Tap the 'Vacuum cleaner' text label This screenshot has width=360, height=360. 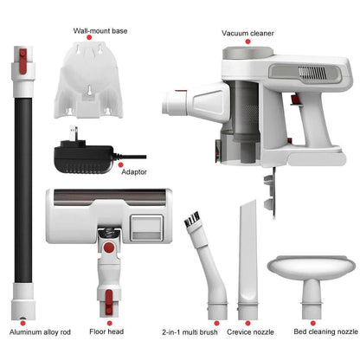click(x=247, y=33)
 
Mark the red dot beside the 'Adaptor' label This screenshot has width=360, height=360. click(x=122, y=162)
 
